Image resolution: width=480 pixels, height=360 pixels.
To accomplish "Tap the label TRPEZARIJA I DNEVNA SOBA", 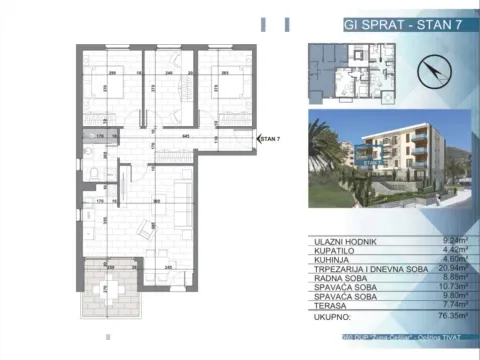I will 364,268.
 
